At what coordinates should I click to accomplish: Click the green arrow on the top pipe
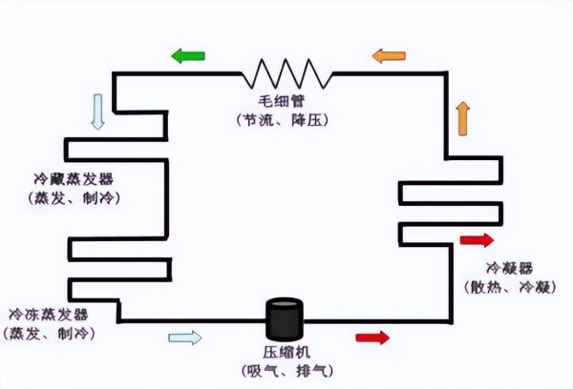(188, 56)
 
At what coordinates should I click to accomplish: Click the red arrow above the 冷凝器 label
(477, 240)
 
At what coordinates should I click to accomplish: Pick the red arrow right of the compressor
(372, 337)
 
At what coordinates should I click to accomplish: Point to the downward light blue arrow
(96, 111)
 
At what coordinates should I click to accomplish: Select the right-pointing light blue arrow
(185, 337)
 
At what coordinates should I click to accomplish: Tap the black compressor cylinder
(284, 320)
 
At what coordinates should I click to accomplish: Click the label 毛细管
(285, 101)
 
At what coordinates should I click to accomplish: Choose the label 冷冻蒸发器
(48, 314)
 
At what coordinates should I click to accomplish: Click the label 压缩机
(284, 352)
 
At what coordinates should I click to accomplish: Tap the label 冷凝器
(509, 268)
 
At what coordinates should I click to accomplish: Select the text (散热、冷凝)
(509, 286)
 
